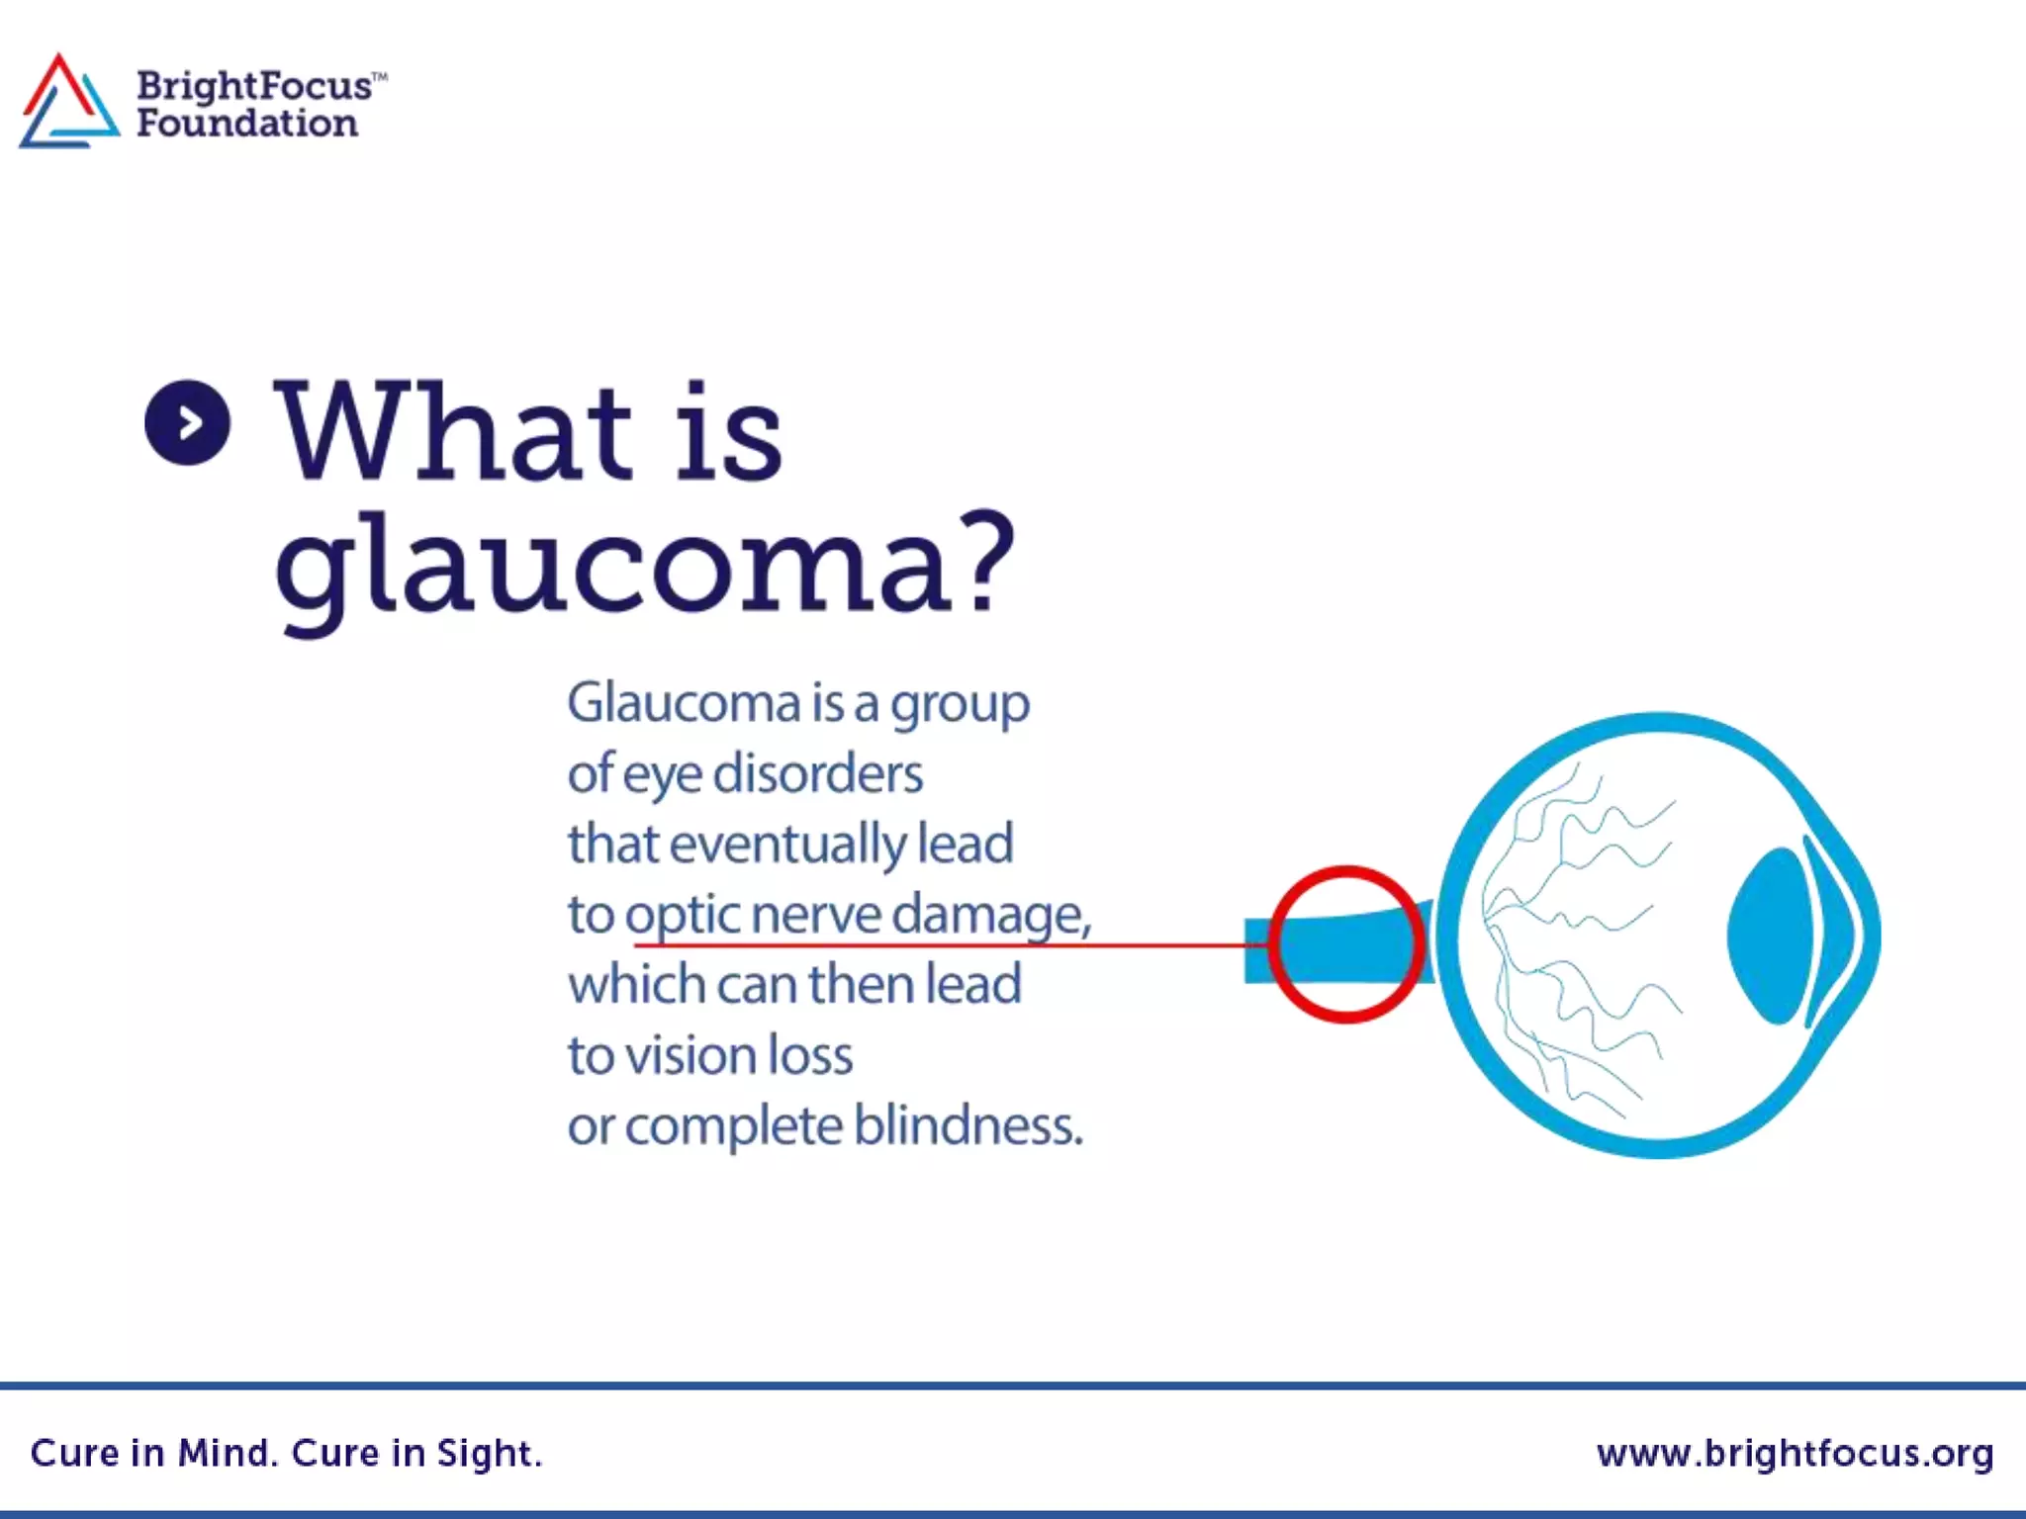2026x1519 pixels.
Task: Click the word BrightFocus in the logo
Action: [x=254, y=86]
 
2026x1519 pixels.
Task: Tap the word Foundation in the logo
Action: [x=247, y=124]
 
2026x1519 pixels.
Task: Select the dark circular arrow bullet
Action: [x=188, y=423]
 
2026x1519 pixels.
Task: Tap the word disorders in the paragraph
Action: [x=818, y=773]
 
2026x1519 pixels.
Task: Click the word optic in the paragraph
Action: [x=683, y=915]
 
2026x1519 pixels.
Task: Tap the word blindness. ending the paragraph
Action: [x=968, y=1125]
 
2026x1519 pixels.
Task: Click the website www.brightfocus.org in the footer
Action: [x=1795, y=1453]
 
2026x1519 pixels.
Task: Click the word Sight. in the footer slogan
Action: [x=490, y=1453]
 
